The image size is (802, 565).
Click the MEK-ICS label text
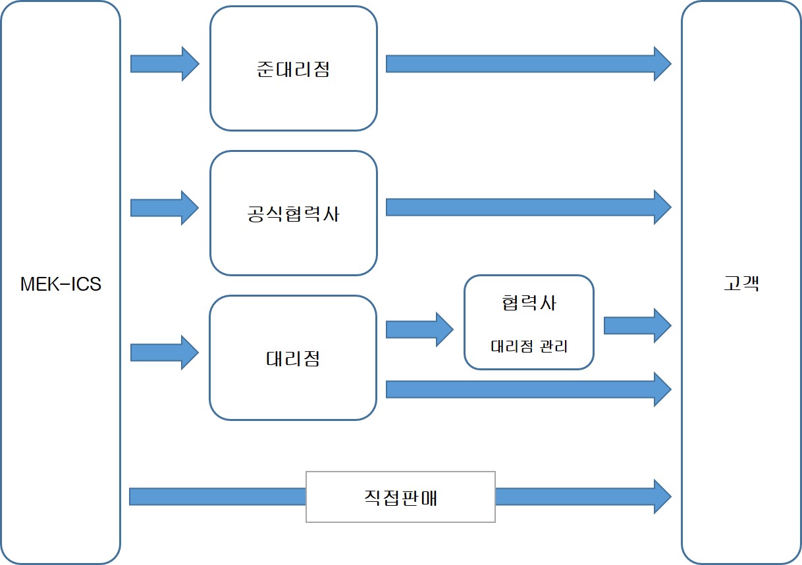click(61, 284)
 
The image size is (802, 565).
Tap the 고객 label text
click(741, 284)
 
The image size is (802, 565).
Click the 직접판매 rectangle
click(400, 497)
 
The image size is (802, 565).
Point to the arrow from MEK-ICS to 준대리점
click(164, 64)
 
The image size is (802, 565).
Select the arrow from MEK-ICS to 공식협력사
click(164, 208)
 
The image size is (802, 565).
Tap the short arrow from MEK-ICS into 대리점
click(164, 353)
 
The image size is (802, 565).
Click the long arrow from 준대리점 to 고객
click(527, 64)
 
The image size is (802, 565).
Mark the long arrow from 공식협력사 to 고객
click(527, 207)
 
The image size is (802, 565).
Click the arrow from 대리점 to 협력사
click(419, 329)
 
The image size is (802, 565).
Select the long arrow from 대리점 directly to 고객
click(527, 389)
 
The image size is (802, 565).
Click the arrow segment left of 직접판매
click(217, 497)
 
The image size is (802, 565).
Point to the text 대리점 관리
click(529, 346)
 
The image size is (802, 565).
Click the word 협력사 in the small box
click(529, 303)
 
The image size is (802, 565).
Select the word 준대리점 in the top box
click(293, 70)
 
